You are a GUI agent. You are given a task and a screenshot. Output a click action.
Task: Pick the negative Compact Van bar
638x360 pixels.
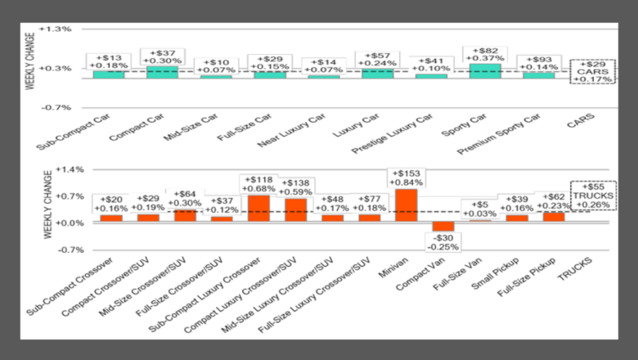tap(443, 227)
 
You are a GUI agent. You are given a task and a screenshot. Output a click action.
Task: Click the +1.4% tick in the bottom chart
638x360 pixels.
tap(61, 169)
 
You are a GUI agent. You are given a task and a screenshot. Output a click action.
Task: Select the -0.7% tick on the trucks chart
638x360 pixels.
tap(61, 250)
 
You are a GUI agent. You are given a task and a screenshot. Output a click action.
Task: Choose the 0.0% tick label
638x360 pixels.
tap(63, 223)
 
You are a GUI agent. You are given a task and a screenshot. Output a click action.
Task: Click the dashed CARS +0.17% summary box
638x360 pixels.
tap(591, 71)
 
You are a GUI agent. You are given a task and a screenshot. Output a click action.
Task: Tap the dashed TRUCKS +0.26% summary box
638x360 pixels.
tap(591, 195)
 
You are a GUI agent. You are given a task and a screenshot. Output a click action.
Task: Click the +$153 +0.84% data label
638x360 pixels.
tap(405, 178)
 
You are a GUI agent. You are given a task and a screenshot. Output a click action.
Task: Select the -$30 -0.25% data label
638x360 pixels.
tap(443, 242)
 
